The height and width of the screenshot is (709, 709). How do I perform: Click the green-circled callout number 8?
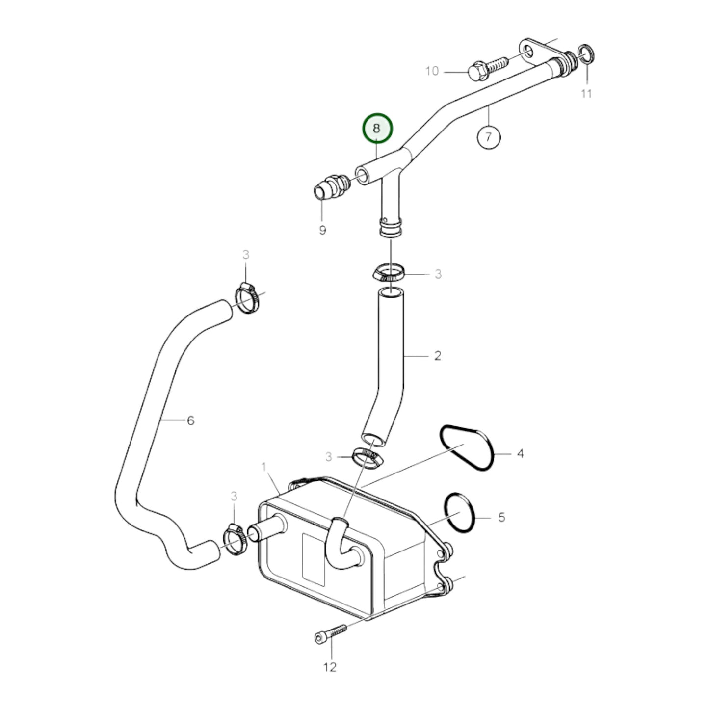(x=377, y=128)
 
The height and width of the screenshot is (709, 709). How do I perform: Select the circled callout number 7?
(x=488, y=137)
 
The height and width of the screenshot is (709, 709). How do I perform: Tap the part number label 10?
(x=432, y=71)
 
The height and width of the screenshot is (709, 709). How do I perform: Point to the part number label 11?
(x=586, y=93)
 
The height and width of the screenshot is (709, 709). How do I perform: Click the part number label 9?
(x=322, y=230)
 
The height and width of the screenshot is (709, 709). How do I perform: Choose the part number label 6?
(x=190, y=420)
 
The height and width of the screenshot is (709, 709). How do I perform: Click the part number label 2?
(x=438, y=356)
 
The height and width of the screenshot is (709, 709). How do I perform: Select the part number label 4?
(x=520, y=454)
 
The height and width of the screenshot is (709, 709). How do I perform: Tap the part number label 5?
(x=501, y=517)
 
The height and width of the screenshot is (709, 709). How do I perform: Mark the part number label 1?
(x=263, y=467)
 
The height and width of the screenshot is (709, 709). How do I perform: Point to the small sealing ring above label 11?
(x=586, y=54)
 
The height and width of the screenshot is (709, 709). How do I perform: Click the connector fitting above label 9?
(x=332, y=186)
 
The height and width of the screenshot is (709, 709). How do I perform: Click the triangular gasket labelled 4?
(x=467, y=448)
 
